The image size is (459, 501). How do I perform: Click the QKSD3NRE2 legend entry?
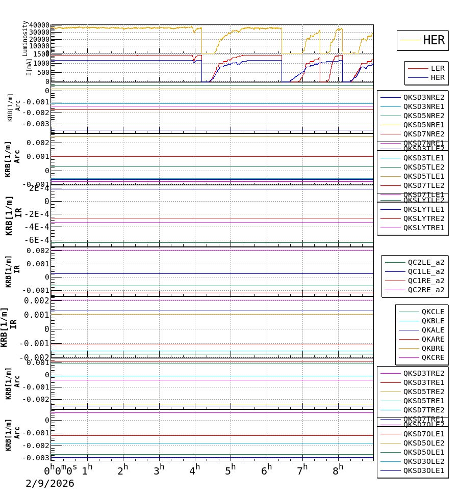click(x=424, y=97)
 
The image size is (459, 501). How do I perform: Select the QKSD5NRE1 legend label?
click(x=424, y=125)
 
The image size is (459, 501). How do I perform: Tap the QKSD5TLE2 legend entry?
click(x=424, y=167)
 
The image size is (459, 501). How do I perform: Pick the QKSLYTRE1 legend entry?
click(x=424, y=228)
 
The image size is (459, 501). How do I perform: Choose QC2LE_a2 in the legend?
click(x=426, y=262)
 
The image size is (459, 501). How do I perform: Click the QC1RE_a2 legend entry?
click(x=426, y=281)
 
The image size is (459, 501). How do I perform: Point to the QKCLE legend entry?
click(x=432, y=312)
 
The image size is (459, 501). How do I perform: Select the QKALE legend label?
click(x=432, y=330)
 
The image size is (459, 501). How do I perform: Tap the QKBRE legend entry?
click(x=432, y=348)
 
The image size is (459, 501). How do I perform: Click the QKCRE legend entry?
click(x=432, y=357)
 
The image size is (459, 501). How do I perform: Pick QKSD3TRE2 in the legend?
click(x=424, y=373)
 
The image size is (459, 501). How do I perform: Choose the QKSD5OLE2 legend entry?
click(x=424, y=443)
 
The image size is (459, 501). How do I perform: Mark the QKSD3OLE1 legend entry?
click(x=424, y=470)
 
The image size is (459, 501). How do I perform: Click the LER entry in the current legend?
click(x=438, y=68)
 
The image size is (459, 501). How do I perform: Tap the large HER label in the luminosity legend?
click(x=433, y=40)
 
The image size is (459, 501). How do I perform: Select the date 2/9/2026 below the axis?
click(x=50, y=484)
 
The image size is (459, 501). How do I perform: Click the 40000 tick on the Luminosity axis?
click(x=39, y=25)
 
